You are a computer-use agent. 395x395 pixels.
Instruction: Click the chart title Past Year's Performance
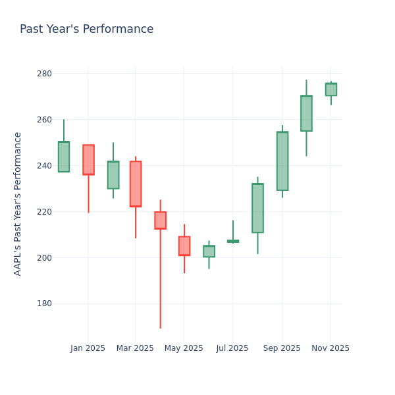[86, 30]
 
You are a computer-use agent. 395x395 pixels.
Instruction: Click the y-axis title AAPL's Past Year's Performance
[18, 203]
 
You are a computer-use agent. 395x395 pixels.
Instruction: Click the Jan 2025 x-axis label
[88, 348]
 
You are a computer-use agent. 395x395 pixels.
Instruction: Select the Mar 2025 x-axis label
[135, 348]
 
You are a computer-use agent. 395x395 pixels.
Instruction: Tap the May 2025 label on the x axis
[184, 348]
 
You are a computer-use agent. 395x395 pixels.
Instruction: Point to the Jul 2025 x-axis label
[232, 348]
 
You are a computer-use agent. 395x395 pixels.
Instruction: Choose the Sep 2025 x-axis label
[282, 348]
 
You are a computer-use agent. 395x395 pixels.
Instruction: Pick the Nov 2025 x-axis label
[330, 348]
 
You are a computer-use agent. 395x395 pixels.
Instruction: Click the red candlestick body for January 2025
[88, 160]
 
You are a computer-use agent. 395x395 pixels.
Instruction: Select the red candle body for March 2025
[136, 184]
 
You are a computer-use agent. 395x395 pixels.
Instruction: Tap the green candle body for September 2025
[282, 161]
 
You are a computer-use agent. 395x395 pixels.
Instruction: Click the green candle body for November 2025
[331, 90]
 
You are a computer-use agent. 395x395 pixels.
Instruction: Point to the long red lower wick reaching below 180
[160, 283]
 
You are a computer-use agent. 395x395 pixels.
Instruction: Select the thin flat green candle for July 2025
[233, 242]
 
